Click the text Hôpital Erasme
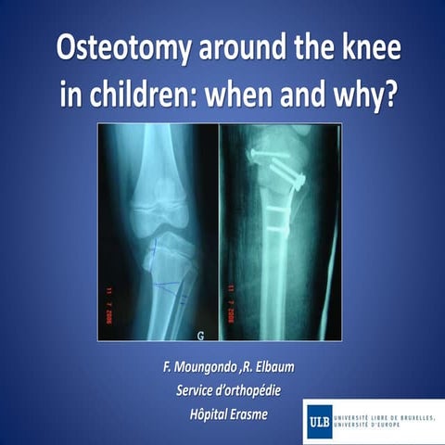[x=222, y=413]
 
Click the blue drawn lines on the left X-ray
[x=167, y=269]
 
